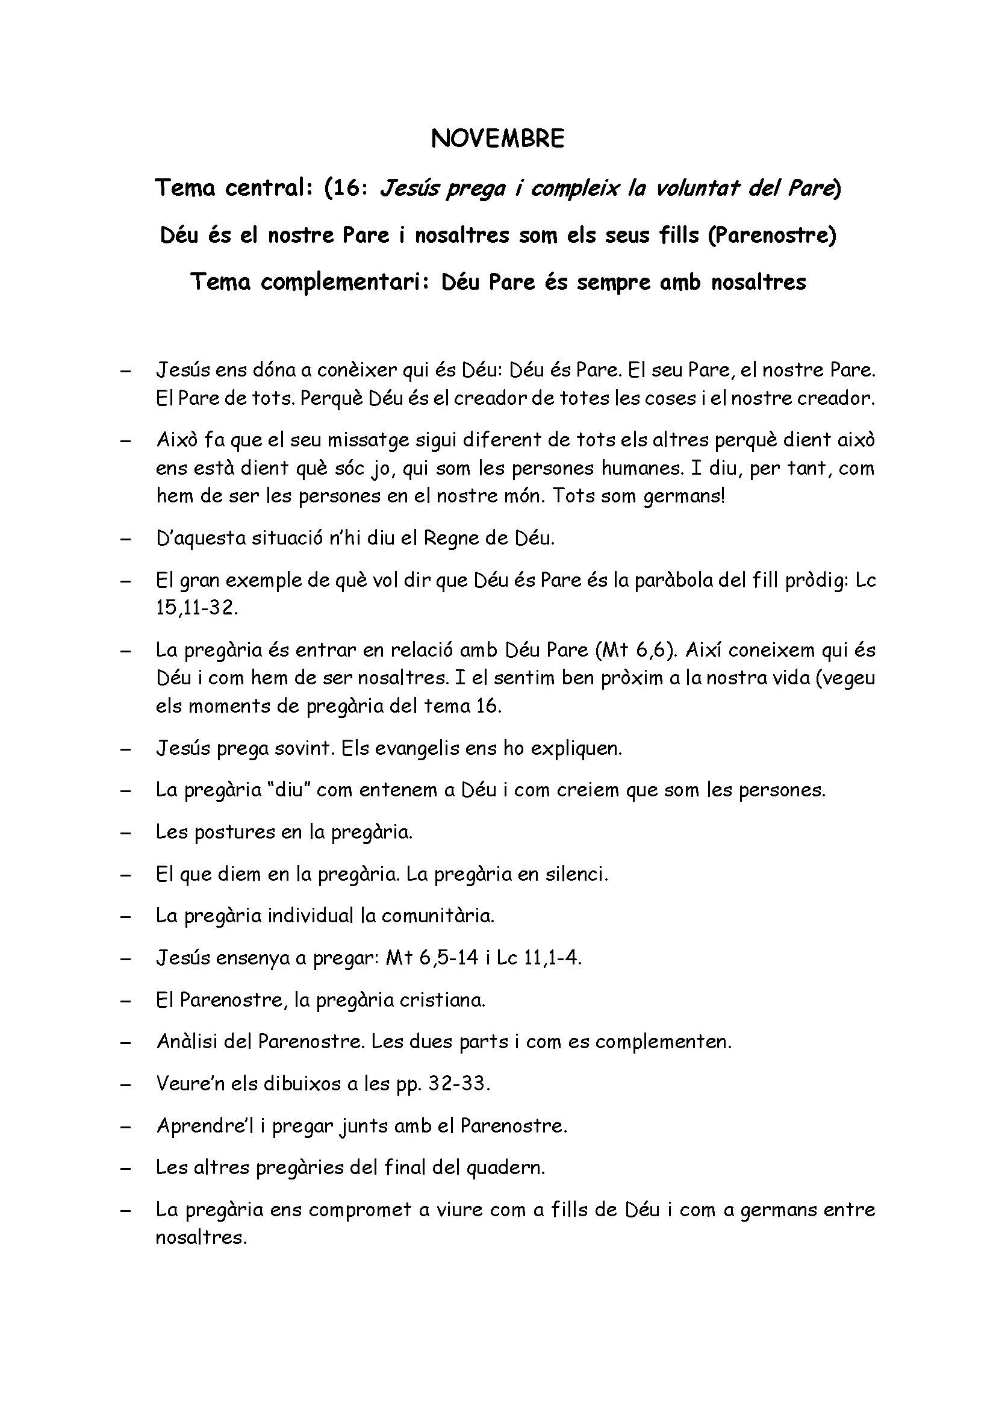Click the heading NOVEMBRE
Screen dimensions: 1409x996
(x=497, y=139)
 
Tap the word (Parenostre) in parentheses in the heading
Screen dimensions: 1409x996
(x=771, y=234)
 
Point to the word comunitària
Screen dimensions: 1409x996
(x=438, y=916)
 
